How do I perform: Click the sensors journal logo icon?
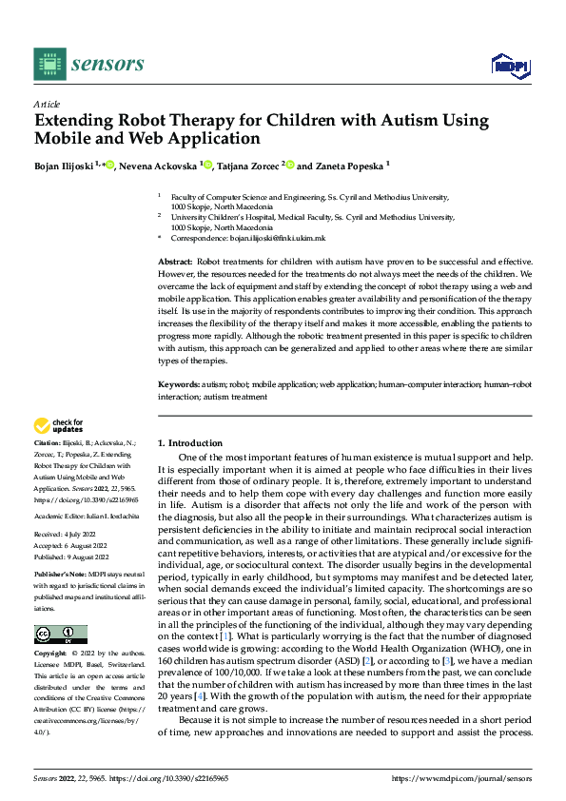pos(49,64)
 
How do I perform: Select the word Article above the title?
pos(47,104)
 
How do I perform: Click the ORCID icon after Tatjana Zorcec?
pos(290,166)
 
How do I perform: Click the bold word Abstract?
pos(177,260)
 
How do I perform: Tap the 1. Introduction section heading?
pos(190,443)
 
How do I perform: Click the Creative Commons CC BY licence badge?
pos(60,635)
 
